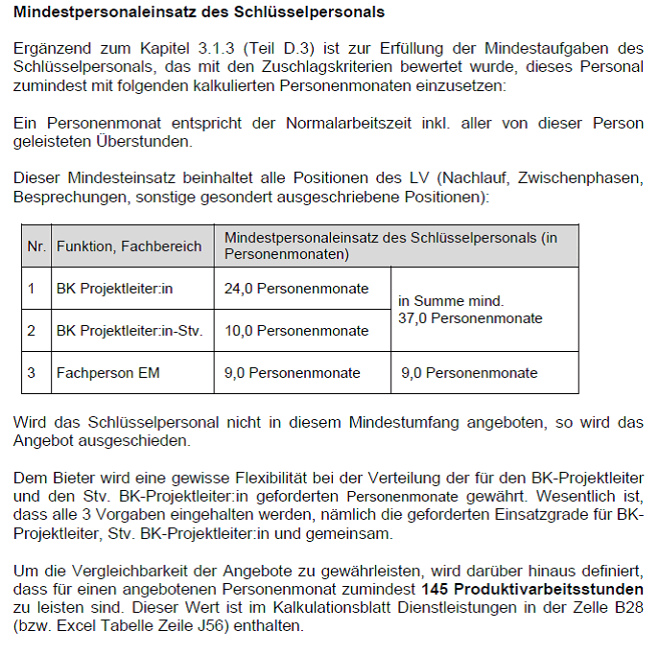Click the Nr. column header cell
pos(36,246)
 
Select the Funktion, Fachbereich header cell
pos(129,246)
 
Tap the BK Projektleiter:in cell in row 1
pos(114,288)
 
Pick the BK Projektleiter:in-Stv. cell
pos(130,330)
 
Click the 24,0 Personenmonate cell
pos(296,288)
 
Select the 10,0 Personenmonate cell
pos(296,330)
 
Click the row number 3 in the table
pos(32,372)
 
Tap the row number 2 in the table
pos(32,330)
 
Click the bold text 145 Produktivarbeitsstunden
pos(532,589)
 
